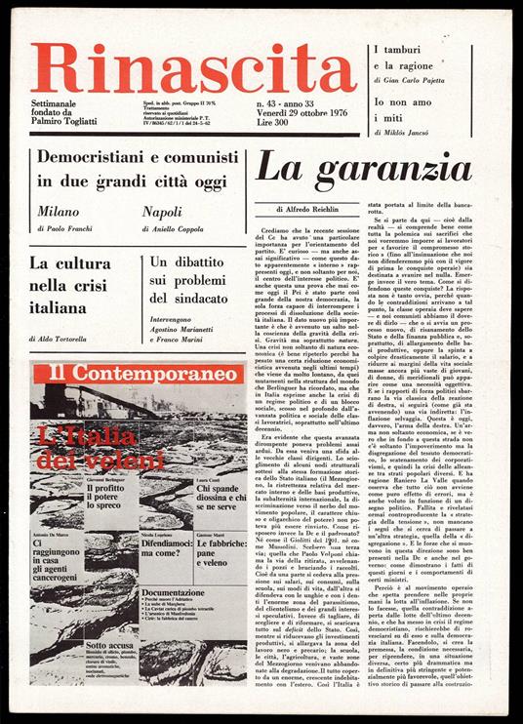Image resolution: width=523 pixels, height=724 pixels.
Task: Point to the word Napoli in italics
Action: tap(162, 210)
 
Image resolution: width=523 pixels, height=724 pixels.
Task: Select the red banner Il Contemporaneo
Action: tap(130, 374)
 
